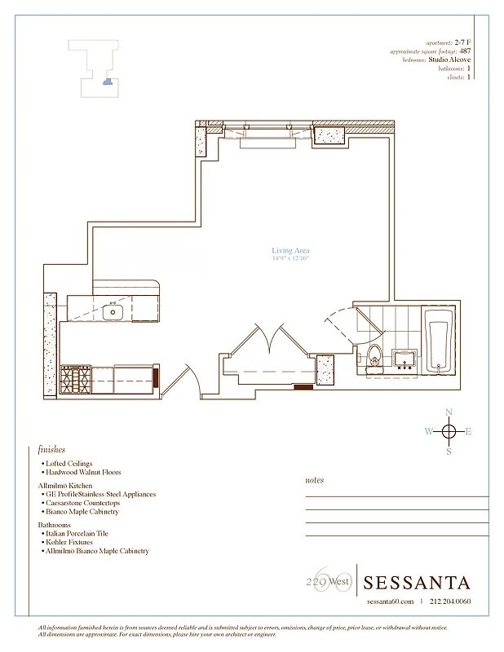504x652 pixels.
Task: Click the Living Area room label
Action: click(290, 251)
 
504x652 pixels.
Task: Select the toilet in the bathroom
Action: click(374, 357)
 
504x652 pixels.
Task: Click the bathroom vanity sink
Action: click(404, 359)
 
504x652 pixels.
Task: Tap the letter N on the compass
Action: click(449, 412)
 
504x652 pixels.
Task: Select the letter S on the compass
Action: click(449, 452)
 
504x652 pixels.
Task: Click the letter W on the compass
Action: click(428, 432)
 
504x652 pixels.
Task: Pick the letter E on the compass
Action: click(468, 432)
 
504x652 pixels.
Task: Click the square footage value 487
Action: click(465, 51)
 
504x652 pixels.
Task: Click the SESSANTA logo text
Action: click(417, 583)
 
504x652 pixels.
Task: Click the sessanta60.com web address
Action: click(390, 602)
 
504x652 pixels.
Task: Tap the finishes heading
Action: click(51, 449)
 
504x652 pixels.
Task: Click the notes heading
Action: click(314, 481)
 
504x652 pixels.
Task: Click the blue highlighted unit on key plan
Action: click(105, 80)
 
